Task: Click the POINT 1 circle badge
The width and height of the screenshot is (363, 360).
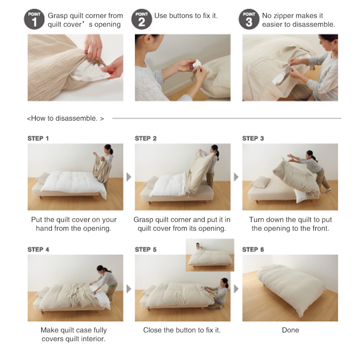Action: click(x=34, y=19)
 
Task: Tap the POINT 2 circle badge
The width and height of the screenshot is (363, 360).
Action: click(x=142, y=19)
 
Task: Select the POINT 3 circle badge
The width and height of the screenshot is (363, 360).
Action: click(x=249, y=19)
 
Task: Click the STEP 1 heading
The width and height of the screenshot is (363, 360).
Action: click(x=38, y=139)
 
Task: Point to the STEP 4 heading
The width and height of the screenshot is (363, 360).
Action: click(x=38, y=250)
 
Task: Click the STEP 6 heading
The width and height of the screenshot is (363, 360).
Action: click(x=253, y=250)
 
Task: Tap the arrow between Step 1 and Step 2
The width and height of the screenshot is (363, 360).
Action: click(x=129, y=177)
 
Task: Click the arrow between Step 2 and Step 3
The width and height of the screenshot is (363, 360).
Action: click(x=236, y=177)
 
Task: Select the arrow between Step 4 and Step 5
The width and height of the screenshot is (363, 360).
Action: click(x=129, y=289)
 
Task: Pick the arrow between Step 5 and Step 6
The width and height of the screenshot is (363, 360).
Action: click(x=236, y=289)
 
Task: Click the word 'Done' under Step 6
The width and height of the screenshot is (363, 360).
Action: click(x=290, y=330)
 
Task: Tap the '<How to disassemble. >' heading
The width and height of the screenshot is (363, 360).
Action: click(x=65, y=118)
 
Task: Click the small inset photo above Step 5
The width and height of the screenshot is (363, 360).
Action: click(x=210, y=255)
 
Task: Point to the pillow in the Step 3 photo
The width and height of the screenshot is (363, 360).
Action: click(x=260, y=182)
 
